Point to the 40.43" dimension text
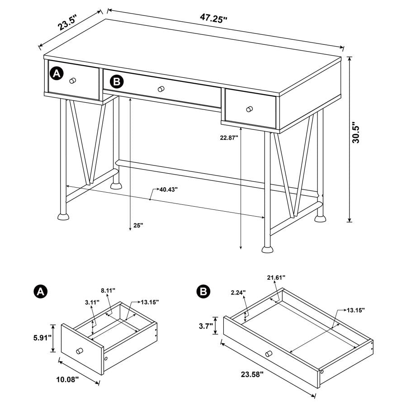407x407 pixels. [x=168, y=189]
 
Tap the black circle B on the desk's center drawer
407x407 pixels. [x=117, y=82]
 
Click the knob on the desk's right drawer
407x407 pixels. [x=250, y=109]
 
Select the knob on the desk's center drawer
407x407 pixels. [x=160, y=90]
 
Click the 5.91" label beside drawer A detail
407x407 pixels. [x=41, y=338]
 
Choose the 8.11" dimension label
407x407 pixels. [x=108, y=290]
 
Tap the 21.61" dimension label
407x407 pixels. [x=276, y=277]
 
